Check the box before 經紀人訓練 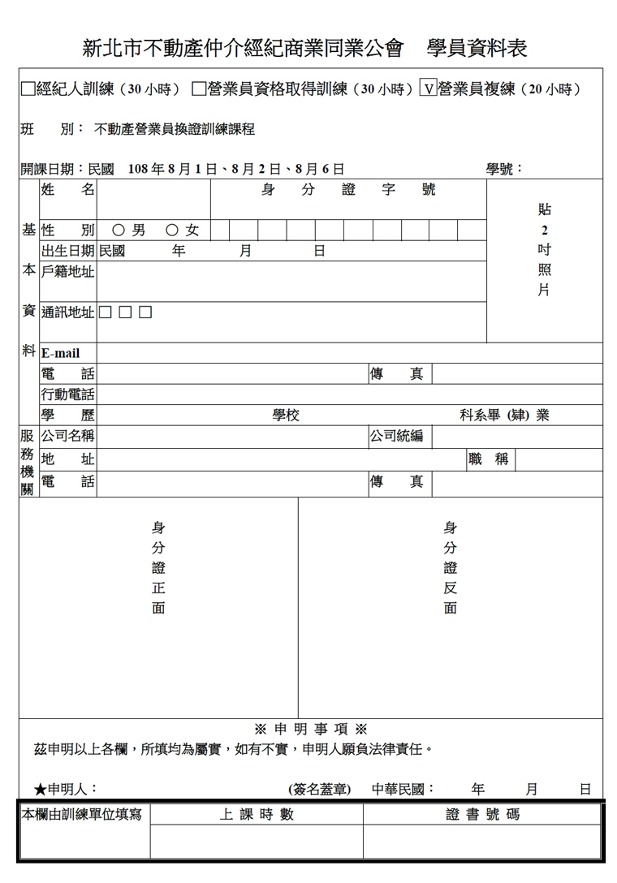28,89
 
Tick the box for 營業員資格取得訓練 199,89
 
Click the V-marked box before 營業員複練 428,89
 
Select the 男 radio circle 119,230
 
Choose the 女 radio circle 172,230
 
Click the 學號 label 504,169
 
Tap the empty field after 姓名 153,199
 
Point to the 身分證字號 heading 348,191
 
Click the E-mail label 61,354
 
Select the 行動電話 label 68,395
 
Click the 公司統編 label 397,436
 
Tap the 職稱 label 490,459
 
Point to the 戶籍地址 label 68,272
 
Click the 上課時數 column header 257,815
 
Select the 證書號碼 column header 483,815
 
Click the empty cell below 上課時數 257,842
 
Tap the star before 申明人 40,789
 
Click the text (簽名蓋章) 320,789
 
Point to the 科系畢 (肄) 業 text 504,416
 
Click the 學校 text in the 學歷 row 286,416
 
